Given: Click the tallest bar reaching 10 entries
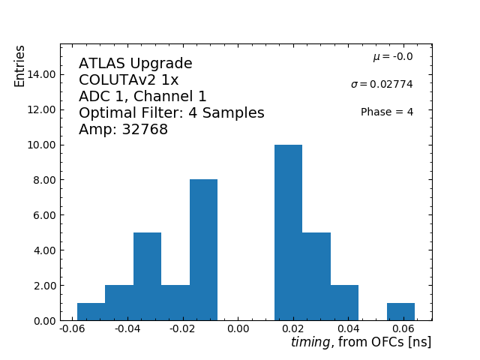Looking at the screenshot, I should (288, 232).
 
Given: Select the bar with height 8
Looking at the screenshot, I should (203, 250).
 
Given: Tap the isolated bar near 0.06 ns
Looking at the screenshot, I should (400, 312).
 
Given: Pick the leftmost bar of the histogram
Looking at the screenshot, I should (91, 312).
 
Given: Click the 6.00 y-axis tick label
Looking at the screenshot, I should (42, 215).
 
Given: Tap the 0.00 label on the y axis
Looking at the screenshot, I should (42, 321).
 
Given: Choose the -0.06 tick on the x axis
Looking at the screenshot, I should (72, 329).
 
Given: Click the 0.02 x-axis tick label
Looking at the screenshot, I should (293, 329).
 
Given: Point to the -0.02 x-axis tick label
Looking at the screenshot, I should (182, 329).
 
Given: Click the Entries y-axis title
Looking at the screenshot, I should (20, 66).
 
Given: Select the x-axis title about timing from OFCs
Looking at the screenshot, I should (361, 343).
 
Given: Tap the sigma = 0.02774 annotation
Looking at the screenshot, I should (382, 84).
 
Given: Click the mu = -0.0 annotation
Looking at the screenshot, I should (392, 57).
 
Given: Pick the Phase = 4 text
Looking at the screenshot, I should (386, 112).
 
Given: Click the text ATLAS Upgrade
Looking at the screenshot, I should (135, 64).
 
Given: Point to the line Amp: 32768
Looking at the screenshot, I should (123, 130).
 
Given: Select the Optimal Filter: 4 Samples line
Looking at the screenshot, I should (171, 113).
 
